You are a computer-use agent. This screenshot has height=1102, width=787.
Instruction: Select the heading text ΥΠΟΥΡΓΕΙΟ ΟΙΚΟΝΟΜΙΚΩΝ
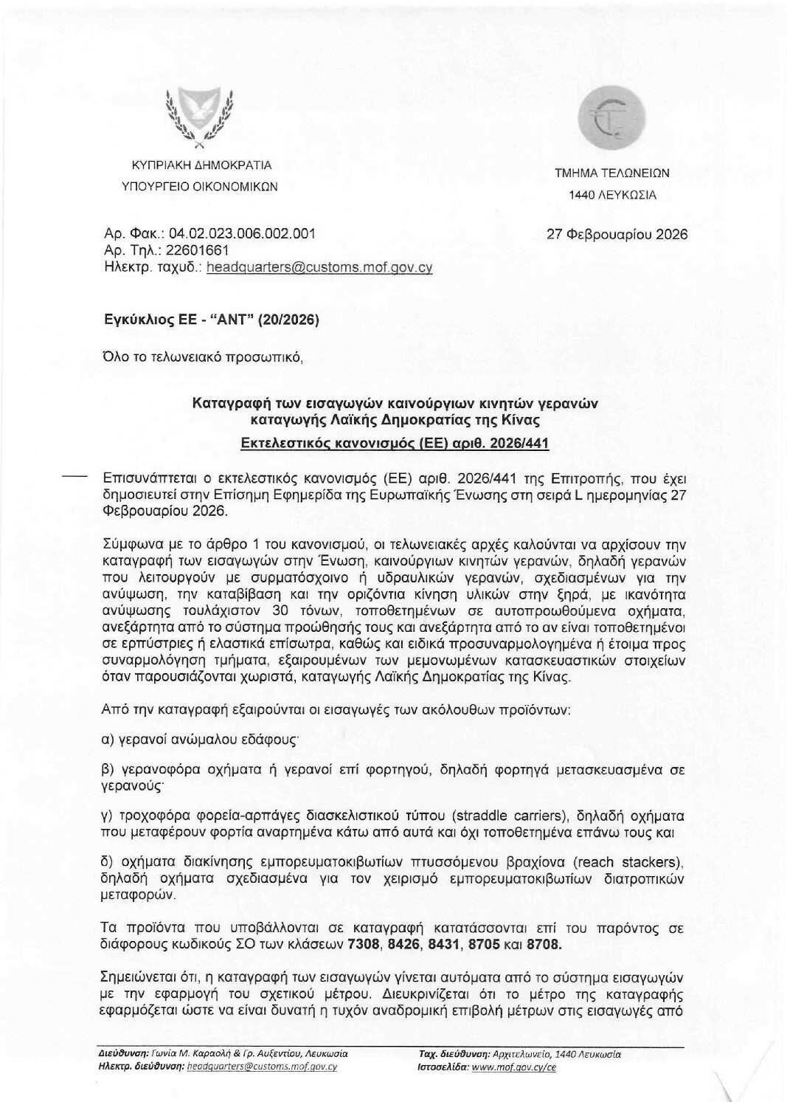click(199, 187)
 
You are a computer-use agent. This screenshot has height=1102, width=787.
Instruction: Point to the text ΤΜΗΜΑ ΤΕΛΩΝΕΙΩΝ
click(611, 174)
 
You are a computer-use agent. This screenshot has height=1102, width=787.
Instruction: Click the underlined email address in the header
click(319, 268)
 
